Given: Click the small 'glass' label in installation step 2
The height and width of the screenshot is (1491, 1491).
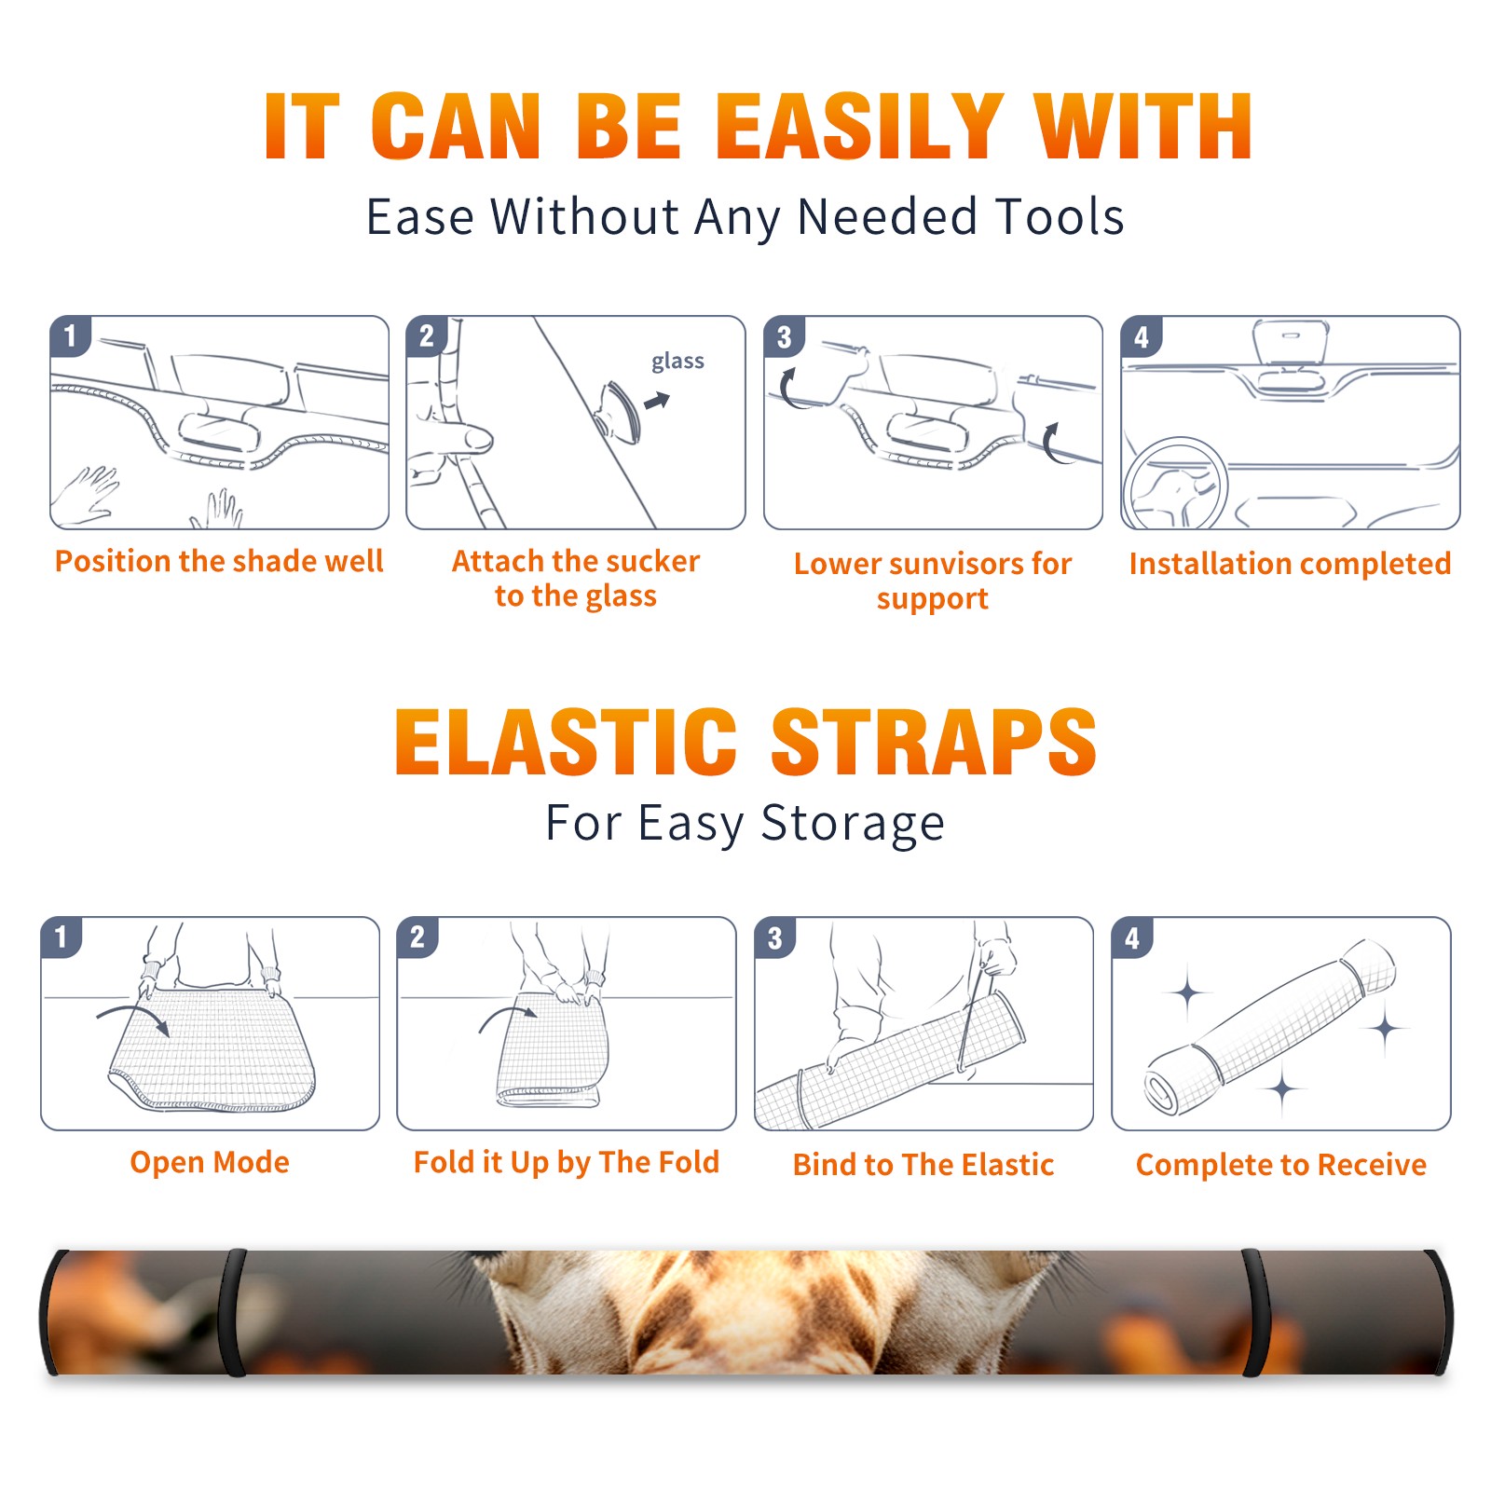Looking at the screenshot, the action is click(x=677, y=362).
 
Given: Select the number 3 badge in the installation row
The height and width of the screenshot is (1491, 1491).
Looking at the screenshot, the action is click(x=784, y=336).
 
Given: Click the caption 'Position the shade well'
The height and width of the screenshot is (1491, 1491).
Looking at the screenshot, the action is click(x=219, y=561).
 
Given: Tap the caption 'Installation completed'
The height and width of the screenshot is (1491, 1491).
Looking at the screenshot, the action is click(x=1290, y=563).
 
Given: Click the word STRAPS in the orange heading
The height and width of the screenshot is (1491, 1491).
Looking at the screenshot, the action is click(x=934, y=742).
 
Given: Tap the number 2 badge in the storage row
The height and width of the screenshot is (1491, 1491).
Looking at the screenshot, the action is click(x=417, y=937).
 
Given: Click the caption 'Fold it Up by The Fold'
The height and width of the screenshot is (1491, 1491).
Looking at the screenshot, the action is click(x=567, y=1162).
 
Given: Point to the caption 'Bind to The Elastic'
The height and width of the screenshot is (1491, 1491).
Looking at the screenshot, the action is click(x=923, y=1164).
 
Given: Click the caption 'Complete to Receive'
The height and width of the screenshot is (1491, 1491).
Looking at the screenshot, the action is click(x=1281, y=1164).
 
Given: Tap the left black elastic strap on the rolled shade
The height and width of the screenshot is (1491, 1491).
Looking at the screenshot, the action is click(x=232, y=1312).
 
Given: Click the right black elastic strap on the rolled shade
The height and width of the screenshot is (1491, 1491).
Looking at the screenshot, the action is click(x=1256, y=1312).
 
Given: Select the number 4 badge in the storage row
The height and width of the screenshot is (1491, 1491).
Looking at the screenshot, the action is click(x=1132, y=937).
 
